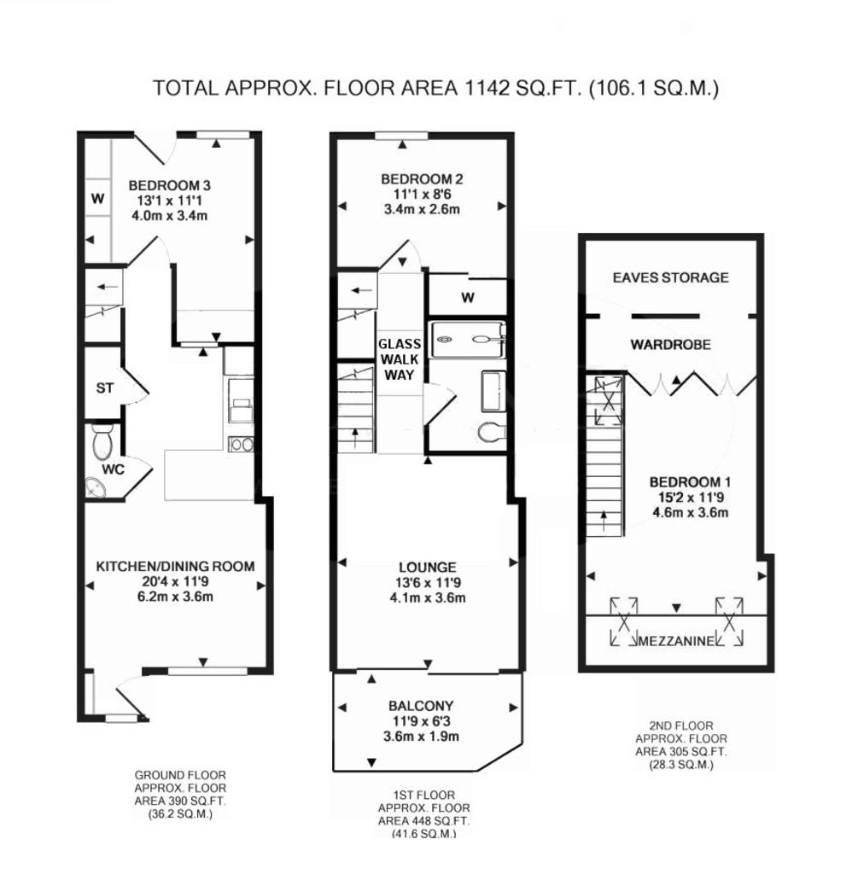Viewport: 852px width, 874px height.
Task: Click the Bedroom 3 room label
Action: (x=170, y=185)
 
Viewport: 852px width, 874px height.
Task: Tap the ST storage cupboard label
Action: (x=105, y=388)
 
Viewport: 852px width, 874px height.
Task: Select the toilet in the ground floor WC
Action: (x=102, y=440)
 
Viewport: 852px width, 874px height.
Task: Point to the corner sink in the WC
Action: (x=96, y=487)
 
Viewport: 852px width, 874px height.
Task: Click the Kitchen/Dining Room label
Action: (x=176, y=567)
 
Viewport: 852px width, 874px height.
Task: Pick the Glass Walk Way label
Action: (x=400, y=359)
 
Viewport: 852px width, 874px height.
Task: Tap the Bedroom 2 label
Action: (x=422, y=179)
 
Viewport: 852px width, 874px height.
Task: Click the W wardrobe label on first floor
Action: (x=468, y=298)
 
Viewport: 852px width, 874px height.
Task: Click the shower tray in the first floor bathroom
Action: (x=469, y=339)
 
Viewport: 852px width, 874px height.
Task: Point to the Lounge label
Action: (x=428, y=568)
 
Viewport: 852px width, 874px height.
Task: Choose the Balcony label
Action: (x=421, y=706)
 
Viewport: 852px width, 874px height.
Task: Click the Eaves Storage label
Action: (x=671, y=277)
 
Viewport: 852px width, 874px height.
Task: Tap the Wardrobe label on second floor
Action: (x=671, y=345)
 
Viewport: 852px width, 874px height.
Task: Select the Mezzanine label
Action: (x=676, y=641)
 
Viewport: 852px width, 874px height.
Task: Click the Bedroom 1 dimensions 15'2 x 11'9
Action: (x=691, y=498)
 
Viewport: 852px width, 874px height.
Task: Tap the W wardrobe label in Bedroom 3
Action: (x=98, y=198)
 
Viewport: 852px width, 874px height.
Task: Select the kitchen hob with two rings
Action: (x=242, y=444)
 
